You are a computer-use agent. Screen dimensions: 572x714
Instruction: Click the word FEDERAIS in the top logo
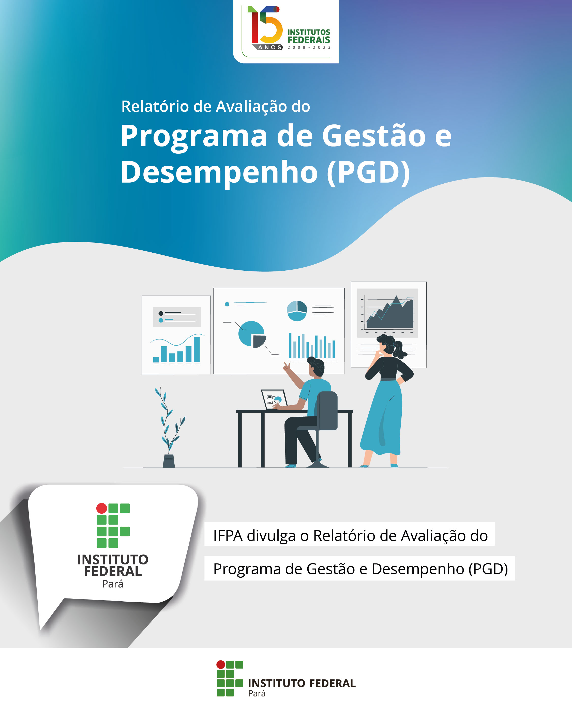(x=309, y=40)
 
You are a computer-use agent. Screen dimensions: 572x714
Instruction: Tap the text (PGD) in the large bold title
(x=368, y=172)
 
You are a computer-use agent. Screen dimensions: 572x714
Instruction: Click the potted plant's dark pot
(x=169, y=461)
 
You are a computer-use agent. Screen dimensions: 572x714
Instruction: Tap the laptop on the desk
(x=275, y=399)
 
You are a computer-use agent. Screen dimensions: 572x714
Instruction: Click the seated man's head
(x=316, y=366)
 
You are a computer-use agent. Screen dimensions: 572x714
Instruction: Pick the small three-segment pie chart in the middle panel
(x=297, y=311)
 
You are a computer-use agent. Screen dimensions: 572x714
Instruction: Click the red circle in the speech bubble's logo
(x=101, y=508)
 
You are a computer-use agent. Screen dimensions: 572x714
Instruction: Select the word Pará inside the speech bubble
(x=113, y=584)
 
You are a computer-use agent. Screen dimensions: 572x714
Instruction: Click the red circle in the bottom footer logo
(x=220, y=664)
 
